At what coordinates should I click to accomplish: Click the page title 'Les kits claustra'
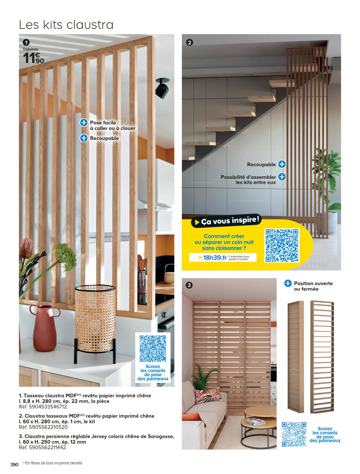coord(66,25)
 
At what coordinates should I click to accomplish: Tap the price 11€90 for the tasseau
coord(33,58)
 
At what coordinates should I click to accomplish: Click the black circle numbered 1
coord(26,42)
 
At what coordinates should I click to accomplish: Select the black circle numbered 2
coord(190,42)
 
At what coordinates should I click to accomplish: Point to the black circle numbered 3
coord(189,285)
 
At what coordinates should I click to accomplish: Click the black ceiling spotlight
coord(162,88)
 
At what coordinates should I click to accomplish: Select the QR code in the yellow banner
coord(281,245)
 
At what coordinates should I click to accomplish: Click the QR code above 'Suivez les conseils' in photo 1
coord(153,348)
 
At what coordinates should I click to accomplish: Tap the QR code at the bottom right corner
coord(294,434)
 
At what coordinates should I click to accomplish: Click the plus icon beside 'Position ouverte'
coord(288,283)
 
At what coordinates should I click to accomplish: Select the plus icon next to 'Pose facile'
coord(84,123)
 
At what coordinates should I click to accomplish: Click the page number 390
coord(14,464)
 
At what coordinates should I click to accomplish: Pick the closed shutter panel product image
coord(296,356)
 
